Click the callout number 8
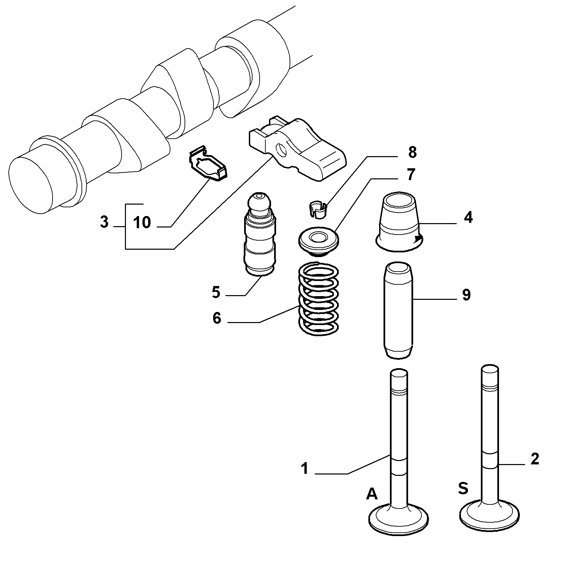412,152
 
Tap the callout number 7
410,175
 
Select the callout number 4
468,218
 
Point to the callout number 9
466,295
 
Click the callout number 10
142,222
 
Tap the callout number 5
216,292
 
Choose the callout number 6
217,318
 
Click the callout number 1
305,468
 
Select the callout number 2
535,459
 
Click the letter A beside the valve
371,494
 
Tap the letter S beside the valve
463,488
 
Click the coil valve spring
318,299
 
